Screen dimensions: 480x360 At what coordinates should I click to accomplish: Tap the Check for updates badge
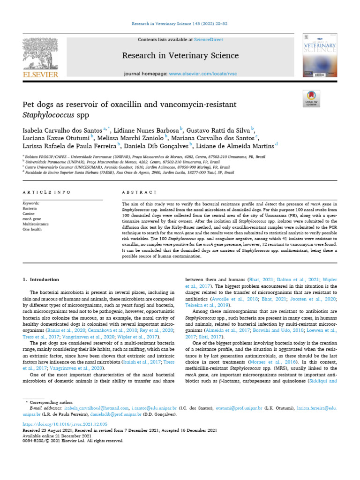pos(312,97)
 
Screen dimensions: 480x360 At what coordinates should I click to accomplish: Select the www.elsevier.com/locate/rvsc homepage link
pos(203,74)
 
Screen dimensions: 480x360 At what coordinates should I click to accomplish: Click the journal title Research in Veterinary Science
pos(180,56)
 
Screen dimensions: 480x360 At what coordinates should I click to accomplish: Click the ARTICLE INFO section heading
pos(47,192)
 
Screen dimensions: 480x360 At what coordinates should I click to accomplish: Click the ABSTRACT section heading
pos(139,192)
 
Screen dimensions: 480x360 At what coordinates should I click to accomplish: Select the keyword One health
pos(32,229)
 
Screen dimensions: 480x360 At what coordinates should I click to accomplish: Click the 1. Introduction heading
pos(41,280)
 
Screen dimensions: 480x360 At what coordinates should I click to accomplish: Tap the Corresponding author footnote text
pos(52,402)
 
